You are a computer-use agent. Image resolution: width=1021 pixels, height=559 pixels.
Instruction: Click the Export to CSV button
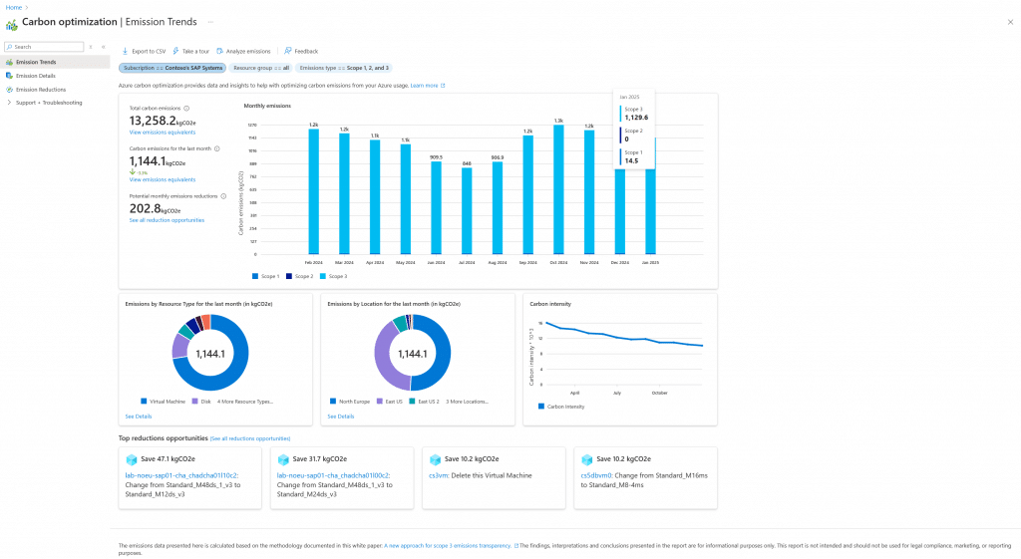click(x=145, y=51)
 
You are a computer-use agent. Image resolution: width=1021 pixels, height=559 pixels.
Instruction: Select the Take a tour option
click(x=193, y=51)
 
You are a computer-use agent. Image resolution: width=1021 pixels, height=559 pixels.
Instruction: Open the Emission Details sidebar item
click(x=35, y=76)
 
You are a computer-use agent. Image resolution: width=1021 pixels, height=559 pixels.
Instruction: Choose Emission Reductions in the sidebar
click(x=40, y=89)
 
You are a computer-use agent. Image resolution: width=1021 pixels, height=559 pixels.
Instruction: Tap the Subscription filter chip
click(x=171, y=68)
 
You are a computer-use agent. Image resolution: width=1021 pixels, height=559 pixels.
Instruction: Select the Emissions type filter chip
click(x=344, y=68)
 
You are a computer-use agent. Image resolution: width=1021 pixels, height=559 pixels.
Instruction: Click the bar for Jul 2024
click(x=467, y=210)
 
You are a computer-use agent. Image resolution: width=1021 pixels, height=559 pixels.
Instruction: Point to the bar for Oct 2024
click(x=558, y=189)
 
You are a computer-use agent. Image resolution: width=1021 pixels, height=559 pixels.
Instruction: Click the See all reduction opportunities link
click(x=167, y=220)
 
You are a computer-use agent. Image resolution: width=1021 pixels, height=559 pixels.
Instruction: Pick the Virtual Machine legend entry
click(x=167, y=401)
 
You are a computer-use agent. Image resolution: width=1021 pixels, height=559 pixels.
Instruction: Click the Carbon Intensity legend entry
click(x=564, y=407)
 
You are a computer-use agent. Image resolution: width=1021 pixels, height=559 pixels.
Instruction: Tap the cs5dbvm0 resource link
click(x=596, y=475)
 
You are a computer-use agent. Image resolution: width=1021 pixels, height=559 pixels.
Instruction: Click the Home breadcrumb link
click(x=14, y=7)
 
